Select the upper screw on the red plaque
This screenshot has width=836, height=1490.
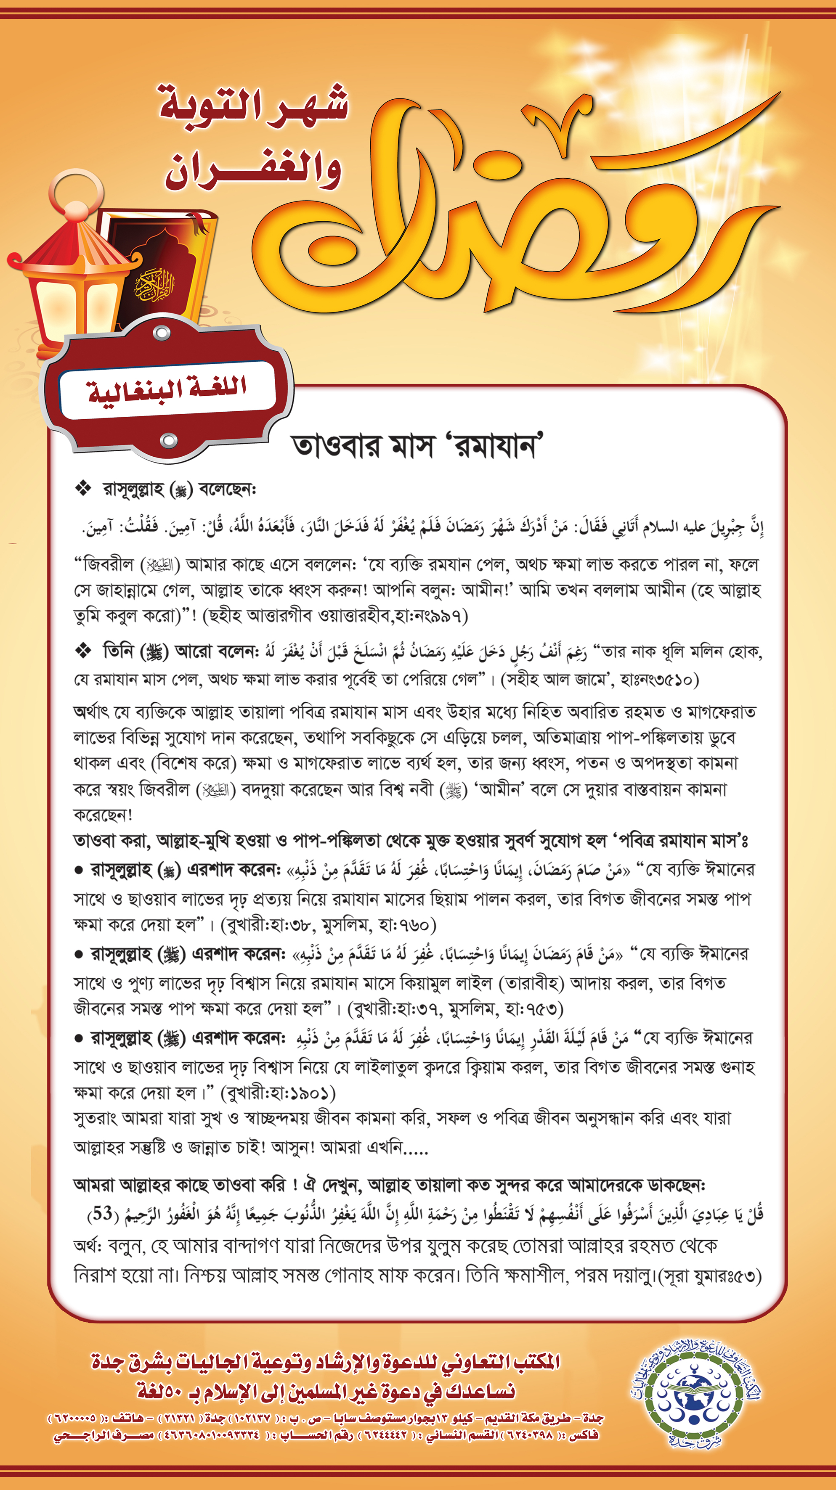[162, 333]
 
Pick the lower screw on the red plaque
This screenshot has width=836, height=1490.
[168, 441]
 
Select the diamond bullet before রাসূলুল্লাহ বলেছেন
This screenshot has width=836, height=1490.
[83, 489]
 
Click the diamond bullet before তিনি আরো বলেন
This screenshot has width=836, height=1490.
[83, 651]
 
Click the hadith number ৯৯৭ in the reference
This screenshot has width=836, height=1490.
[446, 615]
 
